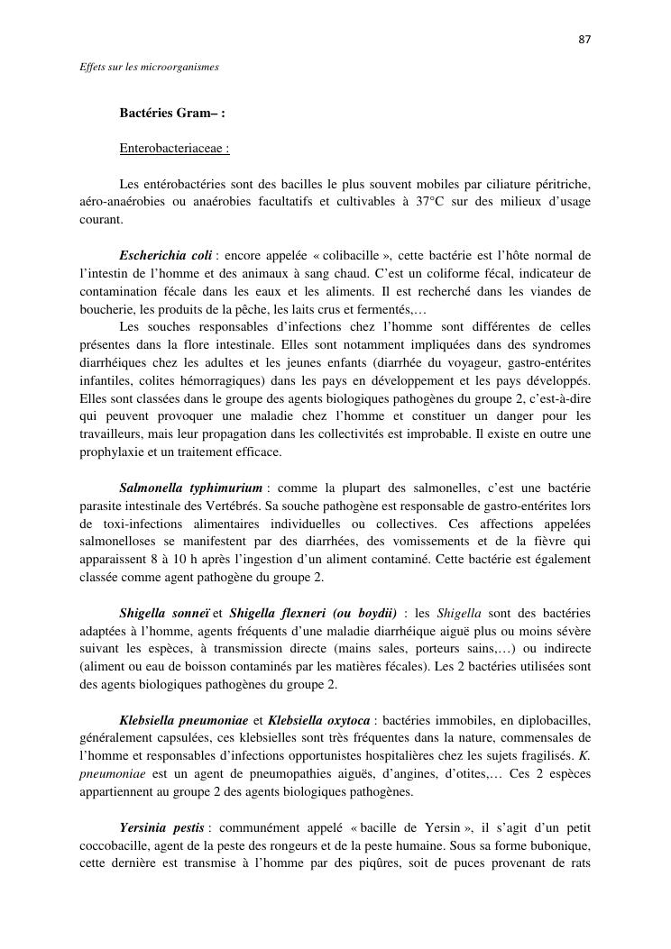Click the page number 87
tap(584, 40)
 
